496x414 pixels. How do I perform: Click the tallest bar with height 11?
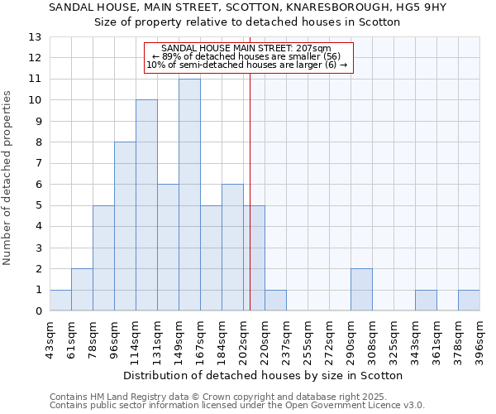tap(189, 195)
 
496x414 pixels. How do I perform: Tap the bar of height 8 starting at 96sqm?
tap(125, 226)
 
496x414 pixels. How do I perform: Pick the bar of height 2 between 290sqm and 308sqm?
tap(361, 290)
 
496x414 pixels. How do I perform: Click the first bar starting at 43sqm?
tap(60, 301)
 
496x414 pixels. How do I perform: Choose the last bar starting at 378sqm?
tap(469, 301)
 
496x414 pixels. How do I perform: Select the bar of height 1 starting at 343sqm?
tap(426, 301)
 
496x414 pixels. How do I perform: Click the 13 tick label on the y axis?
tap(35, 37)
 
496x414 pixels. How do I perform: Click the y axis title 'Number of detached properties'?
tap(8, 177)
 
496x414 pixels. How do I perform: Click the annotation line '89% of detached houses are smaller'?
tap(248, 56)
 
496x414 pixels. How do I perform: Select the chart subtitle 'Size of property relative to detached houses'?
tap(247, 22)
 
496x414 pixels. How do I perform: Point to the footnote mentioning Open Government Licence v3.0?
tap(236, 406)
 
